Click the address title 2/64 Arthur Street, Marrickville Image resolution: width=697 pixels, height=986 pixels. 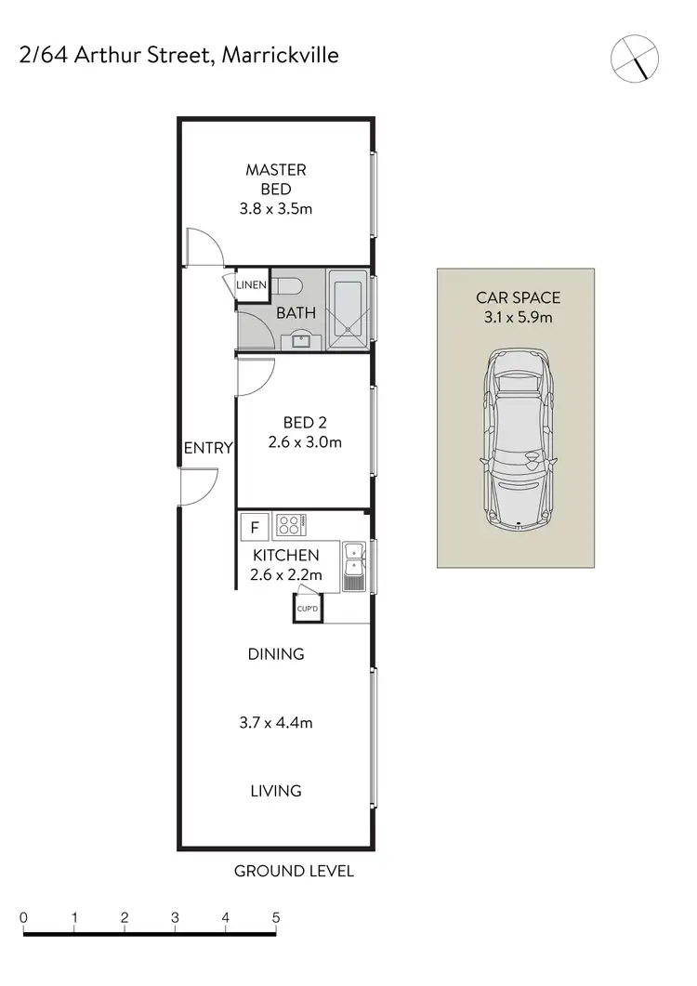click(178, 56)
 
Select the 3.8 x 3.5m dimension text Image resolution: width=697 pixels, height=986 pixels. click(275, 208)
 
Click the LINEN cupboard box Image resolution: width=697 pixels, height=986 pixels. click(251, 285)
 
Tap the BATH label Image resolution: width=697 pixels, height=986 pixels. click(296, 313)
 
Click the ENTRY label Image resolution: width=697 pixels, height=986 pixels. click(207, 448)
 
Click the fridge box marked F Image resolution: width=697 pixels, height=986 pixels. click(254, 527)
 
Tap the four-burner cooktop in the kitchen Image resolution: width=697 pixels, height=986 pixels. click(290, 525)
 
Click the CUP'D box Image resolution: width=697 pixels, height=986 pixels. click(308, 609)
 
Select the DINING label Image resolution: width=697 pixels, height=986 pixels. click(276, 654)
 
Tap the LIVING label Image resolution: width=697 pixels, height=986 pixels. click(276, 791)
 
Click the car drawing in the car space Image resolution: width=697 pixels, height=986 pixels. click(516, 437)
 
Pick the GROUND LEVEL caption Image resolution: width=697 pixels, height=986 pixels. click(294, 872)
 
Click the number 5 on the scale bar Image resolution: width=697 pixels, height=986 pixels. click(276, 917)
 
